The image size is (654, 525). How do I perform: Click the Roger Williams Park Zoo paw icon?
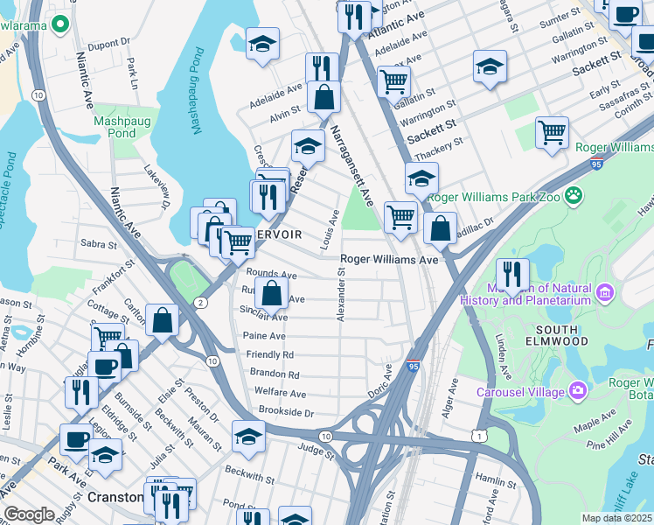574,195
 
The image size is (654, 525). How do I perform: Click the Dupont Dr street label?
108,41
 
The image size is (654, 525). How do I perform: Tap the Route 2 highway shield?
200,302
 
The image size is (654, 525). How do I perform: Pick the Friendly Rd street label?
270,354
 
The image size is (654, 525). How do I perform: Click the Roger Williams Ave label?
388,259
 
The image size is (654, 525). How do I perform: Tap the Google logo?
29,514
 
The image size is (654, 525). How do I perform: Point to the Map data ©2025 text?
616,518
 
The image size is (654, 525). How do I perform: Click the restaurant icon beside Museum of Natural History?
512,273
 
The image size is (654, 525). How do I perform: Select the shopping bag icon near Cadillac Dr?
441,227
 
